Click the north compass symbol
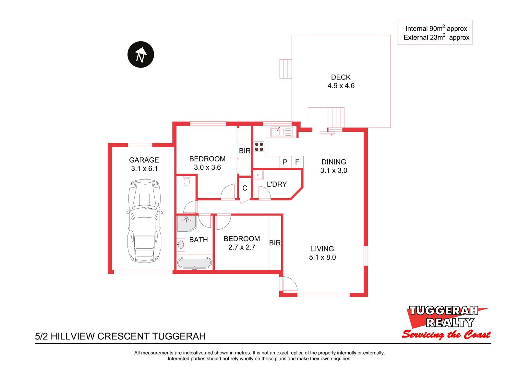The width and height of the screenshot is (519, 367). point(141,55)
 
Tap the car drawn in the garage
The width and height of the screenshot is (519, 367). point(144,221)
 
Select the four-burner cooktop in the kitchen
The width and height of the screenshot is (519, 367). point(259,147)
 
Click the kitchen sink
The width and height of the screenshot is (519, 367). point(282,132)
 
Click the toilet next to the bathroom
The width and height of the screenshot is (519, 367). point(187,181)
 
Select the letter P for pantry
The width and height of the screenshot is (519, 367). point(285,162)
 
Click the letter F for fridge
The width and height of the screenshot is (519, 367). point(297,162)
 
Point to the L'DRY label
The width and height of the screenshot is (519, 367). point(277,184)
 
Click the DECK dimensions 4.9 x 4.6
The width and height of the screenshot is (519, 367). point(341,86)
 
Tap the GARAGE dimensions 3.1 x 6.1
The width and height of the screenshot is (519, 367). point(144,168)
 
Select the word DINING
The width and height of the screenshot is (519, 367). point(334,162)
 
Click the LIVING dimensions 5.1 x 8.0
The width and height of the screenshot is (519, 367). point(322,257)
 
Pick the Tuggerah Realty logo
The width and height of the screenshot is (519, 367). point(446,323)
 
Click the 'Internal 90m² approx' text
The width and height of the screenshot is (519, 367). point(436,28)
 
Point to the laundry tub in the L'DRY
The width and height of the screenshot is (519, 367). point(258,175)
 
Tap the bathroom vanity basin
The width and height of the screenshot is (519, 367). point(181,245)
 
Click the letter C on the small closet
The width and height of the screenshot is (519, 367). point(245,188)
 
